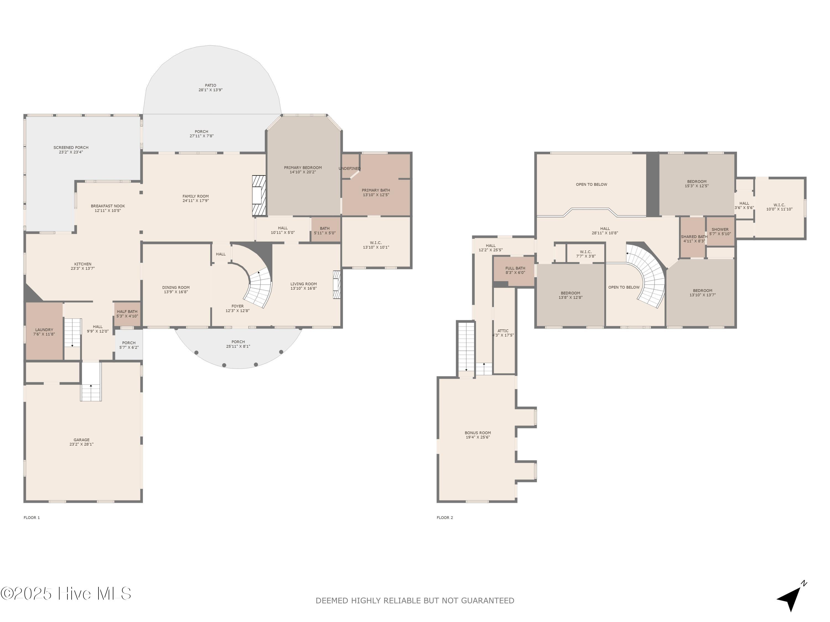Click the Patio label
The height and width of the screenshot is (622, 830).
[211, 85]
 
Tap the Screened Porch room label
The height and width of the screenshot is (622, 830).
[71, 148]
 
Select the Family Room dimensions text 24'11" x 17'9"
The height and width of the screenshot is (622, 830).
[196, 201]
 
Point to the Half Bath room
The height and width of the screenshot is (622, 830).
[127, 314]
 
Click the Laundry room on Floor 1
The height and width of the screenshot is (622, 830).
[44, 331]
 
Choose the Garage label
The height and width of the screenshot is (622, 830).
[81, 440]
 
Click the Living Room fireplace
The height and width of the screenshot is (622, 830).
[337, 284]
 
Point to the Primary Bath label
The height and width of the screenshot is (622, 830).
[376, 190]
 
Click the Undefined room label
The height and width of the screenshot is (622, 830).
[349, 169]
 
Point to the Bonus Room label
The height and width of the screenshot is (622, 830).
[478, 433]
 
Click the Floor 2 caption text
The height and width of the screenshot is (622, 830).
[445, 518]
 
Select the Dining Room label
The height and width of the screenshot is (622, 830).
[176, 288]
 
